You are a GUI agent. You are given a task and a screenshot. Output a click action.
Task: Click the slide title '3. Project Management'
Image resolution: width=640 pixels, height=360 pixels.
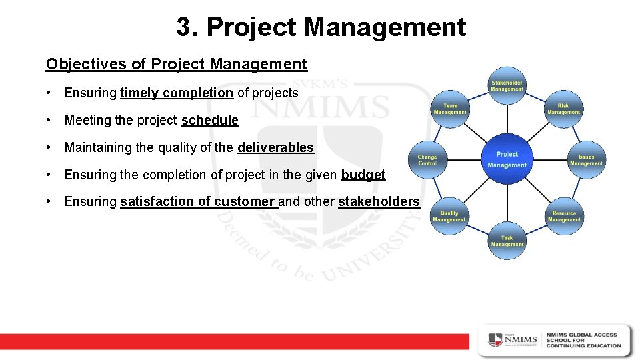pyautogui.click(x=321, y=27)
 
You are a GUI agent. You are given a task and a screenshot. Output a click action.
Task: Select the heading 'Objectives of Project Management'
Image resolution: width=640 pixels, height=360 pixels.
pyautogui.click(x=177, y=64)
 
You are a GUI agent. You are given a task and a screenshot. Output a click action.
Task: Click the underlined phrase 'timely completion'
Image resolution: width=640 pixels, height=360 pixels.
pyautogui.click(x=177, y=93)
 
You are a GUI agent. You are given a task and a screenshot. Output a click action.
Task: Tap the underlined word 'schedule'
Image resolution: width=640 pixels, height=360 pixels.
pyautogui.click(x=209, y=121)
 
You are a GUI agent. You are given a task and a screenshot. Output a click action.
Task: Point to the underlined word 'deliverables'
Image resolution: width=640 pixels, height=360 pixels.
pyautogui.click(x=275, y=147)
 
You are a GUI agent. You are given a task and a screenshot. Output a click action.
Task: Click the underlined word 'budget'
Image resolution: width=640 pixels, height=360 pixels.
pyautogui.click(x=363, y=175)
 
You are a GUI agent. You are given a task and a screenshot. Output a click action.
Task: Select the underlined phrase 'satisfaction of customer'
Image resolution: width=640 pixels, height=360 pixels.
pyautogui.click(x=199, y=201)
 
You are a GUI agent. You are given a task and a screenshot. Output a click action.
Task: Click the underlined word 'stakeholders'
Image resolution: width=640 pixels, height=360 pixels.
pyautogui.click(x=379, y=201)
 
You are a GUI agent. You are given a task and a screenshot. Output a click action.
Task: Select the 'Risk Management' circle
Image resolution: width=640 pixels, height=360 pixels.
pyautogui.click(x=563, y=109)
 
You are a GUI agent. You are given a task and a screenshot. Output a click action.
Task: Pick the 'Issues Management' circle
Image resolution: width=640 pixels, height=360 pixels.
pyautogui.click(x=586, y=160)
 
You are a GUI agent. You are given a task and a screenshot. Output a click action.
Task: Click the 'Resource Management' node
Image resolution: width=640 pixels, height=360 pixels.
pyautogui.click(x=564, y=216)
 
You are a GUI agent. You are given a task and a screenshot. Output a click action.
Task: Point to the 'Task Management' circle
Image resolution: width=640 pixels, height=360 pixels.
pyautogui.click(x=507, y=241)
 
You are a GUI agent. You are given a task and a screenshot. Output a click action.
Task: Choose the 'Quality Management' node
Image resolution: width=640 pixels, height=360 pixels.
pyautogui.click(x=449, y=216)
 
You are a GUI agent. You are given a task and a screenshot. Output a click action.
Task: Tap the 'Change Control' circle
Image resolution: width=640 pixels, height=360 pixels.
pyautogui.click(x=427, y=160)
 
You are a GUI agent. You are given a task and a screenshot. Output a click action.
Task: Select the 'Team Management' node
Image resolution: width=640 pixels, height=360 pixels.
pyautogui.click(x=450, y=109)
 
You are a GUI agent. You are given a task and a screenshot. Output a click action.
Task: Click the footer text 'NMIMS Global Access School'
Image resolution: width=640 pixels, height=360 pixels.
pyautogui.click(x=583, y=340)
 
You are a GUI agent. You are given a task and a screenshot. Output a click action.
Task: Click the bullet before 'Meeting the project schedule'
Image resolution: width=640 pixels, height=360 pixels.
pyautogui.click(x=50, y=121)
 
